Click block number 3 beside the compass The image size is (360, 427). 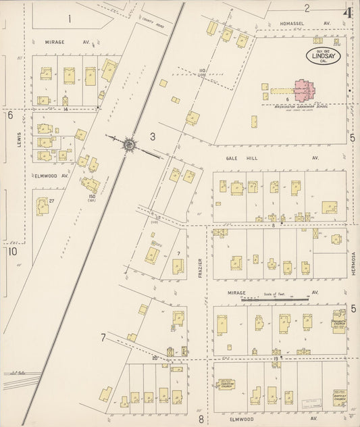[153, 137]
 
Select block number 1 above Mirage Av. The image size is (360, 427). [70, 19]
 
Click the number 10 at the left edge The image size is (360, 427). [12, 251]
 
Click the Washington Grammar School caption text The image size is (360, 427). [296, 107]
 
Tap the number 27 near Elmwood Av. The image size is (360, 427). [51, 200]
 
